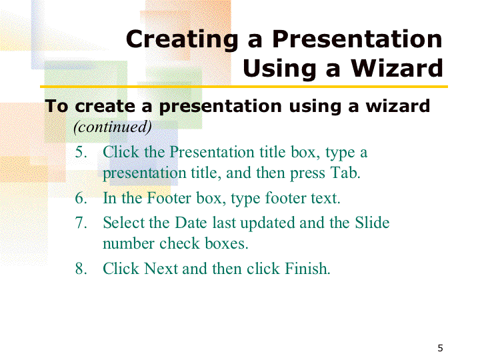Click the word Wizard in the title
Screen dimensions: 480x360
(x=397, y=68)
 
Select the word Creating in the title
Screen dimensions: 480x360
(x=182, y=40)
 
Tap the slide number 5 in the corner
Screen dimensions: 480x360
(x=440, y=348)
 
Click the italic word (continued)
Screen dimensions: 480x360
(x=113, y=127)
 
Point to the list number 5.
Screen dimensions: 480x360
(x=81, y=152)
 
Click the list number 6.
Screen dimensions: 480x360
(x=81, y=198)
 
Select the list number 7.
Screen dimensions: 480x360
(x=81, y=223)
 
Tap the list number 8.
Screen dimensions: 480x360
(x=81, y=269)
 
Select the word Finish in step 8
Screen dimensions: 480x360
(x=307, y=269)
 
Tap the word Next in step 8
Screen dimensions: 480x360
(x=161, y=269)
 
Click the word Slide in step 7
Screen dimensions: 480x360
(x=372, y=223)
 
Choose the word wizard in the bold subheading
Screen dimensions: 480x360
(x=398, y=106)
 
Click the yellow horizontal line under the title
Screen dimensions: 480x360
(x=244, y=87)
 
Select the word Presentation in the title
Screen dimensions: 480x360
(x=357, y=39)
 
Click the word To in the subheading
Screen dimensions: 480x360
(x=56, y=106)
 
